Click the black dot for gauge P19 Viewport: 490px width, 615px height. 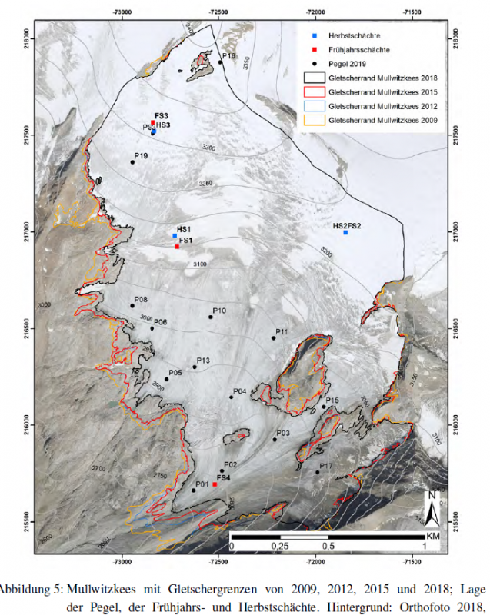point(133,162)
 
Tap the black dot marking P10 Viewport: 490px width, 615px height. point(211,317)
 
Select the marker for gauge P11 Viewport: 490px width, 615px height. point(274,337)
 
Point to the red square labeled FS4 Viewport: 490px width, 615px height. point(215,484)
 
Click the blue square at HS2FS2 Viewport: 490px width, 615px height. point(346,232)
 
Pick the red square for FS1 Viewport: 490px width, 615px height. point(177,247)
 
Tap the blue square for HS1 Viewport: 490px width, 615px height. point(175,236)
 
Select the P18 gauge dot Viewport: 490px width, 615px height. point(220,61)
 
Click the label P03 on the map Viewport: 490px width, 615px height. point(282,434)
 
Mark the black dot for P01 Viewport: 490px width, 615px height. point(193,490)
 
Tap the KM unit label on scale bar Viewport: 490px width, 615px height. point(433,535)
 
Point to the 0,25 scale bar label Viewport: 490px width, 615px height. point(279,547)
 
